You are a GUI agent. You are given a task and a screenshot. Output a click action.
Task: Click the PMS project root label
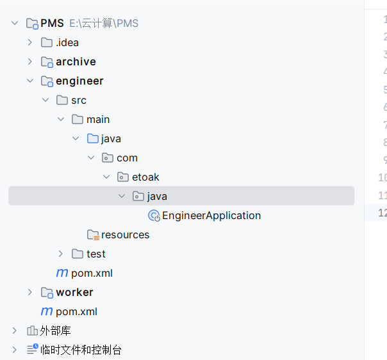click(x=52, y=24)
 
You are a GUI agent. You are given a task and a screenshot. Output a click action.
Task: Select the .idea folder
click(x=67, y=43)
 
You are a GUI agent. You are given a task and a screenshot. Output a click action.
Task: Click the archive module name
click(x=76, y=62)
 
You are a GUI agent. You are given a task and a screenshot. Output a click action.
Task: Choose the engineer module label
click(x=79, y=81)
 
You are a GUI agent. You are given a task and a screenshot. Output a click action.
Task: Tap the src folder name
click(x=78, y=101)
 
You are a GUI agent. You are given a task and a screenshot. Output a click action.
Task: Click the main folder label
click(x=98, y=120)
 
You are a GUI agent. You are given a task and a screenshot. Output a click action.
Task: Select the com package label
click(x=127, y=158)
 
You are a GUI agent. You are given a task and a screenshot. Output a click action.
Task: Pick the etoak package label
click(x=145, y=177)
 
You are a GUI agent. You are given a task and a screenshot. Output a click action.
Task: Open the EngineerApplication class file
click(x=211, y=216)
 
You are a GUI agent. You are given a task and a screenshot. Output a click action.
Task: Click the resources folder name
click(x=125, y=235)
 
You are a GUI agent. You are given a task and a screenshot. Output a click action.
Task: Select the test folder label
click(x=96, y=254)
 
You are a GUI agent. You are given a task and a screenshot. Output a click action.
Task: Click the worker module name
click(x=74, y=293)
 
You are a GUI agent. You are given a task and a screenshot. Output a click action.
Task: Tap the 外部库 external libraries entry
click(x=56, y=331)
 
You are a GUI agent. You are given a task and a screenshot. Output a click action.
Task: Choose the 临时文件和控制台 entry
click(x=81, y=350)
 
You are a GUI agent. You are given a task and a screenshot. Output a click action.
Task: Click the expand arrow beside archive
click(x=29, y=62)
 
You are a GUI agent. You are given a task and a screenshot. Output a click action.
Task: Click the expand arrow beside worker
click(x=29, y=293)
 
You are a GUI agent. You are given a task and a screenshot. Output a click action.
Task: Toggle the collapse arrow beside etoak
click(x=106, y=177)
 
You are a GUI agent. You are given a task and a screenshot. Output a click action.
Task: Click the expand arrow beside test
click(x=60, y=254)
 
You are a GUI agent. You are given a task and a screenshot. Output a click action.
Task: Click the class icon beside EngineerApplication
click(x=153, y=216)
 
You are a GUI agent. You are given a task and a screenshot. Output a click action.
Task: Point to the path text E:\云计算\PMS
click(x=104, y=24)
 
